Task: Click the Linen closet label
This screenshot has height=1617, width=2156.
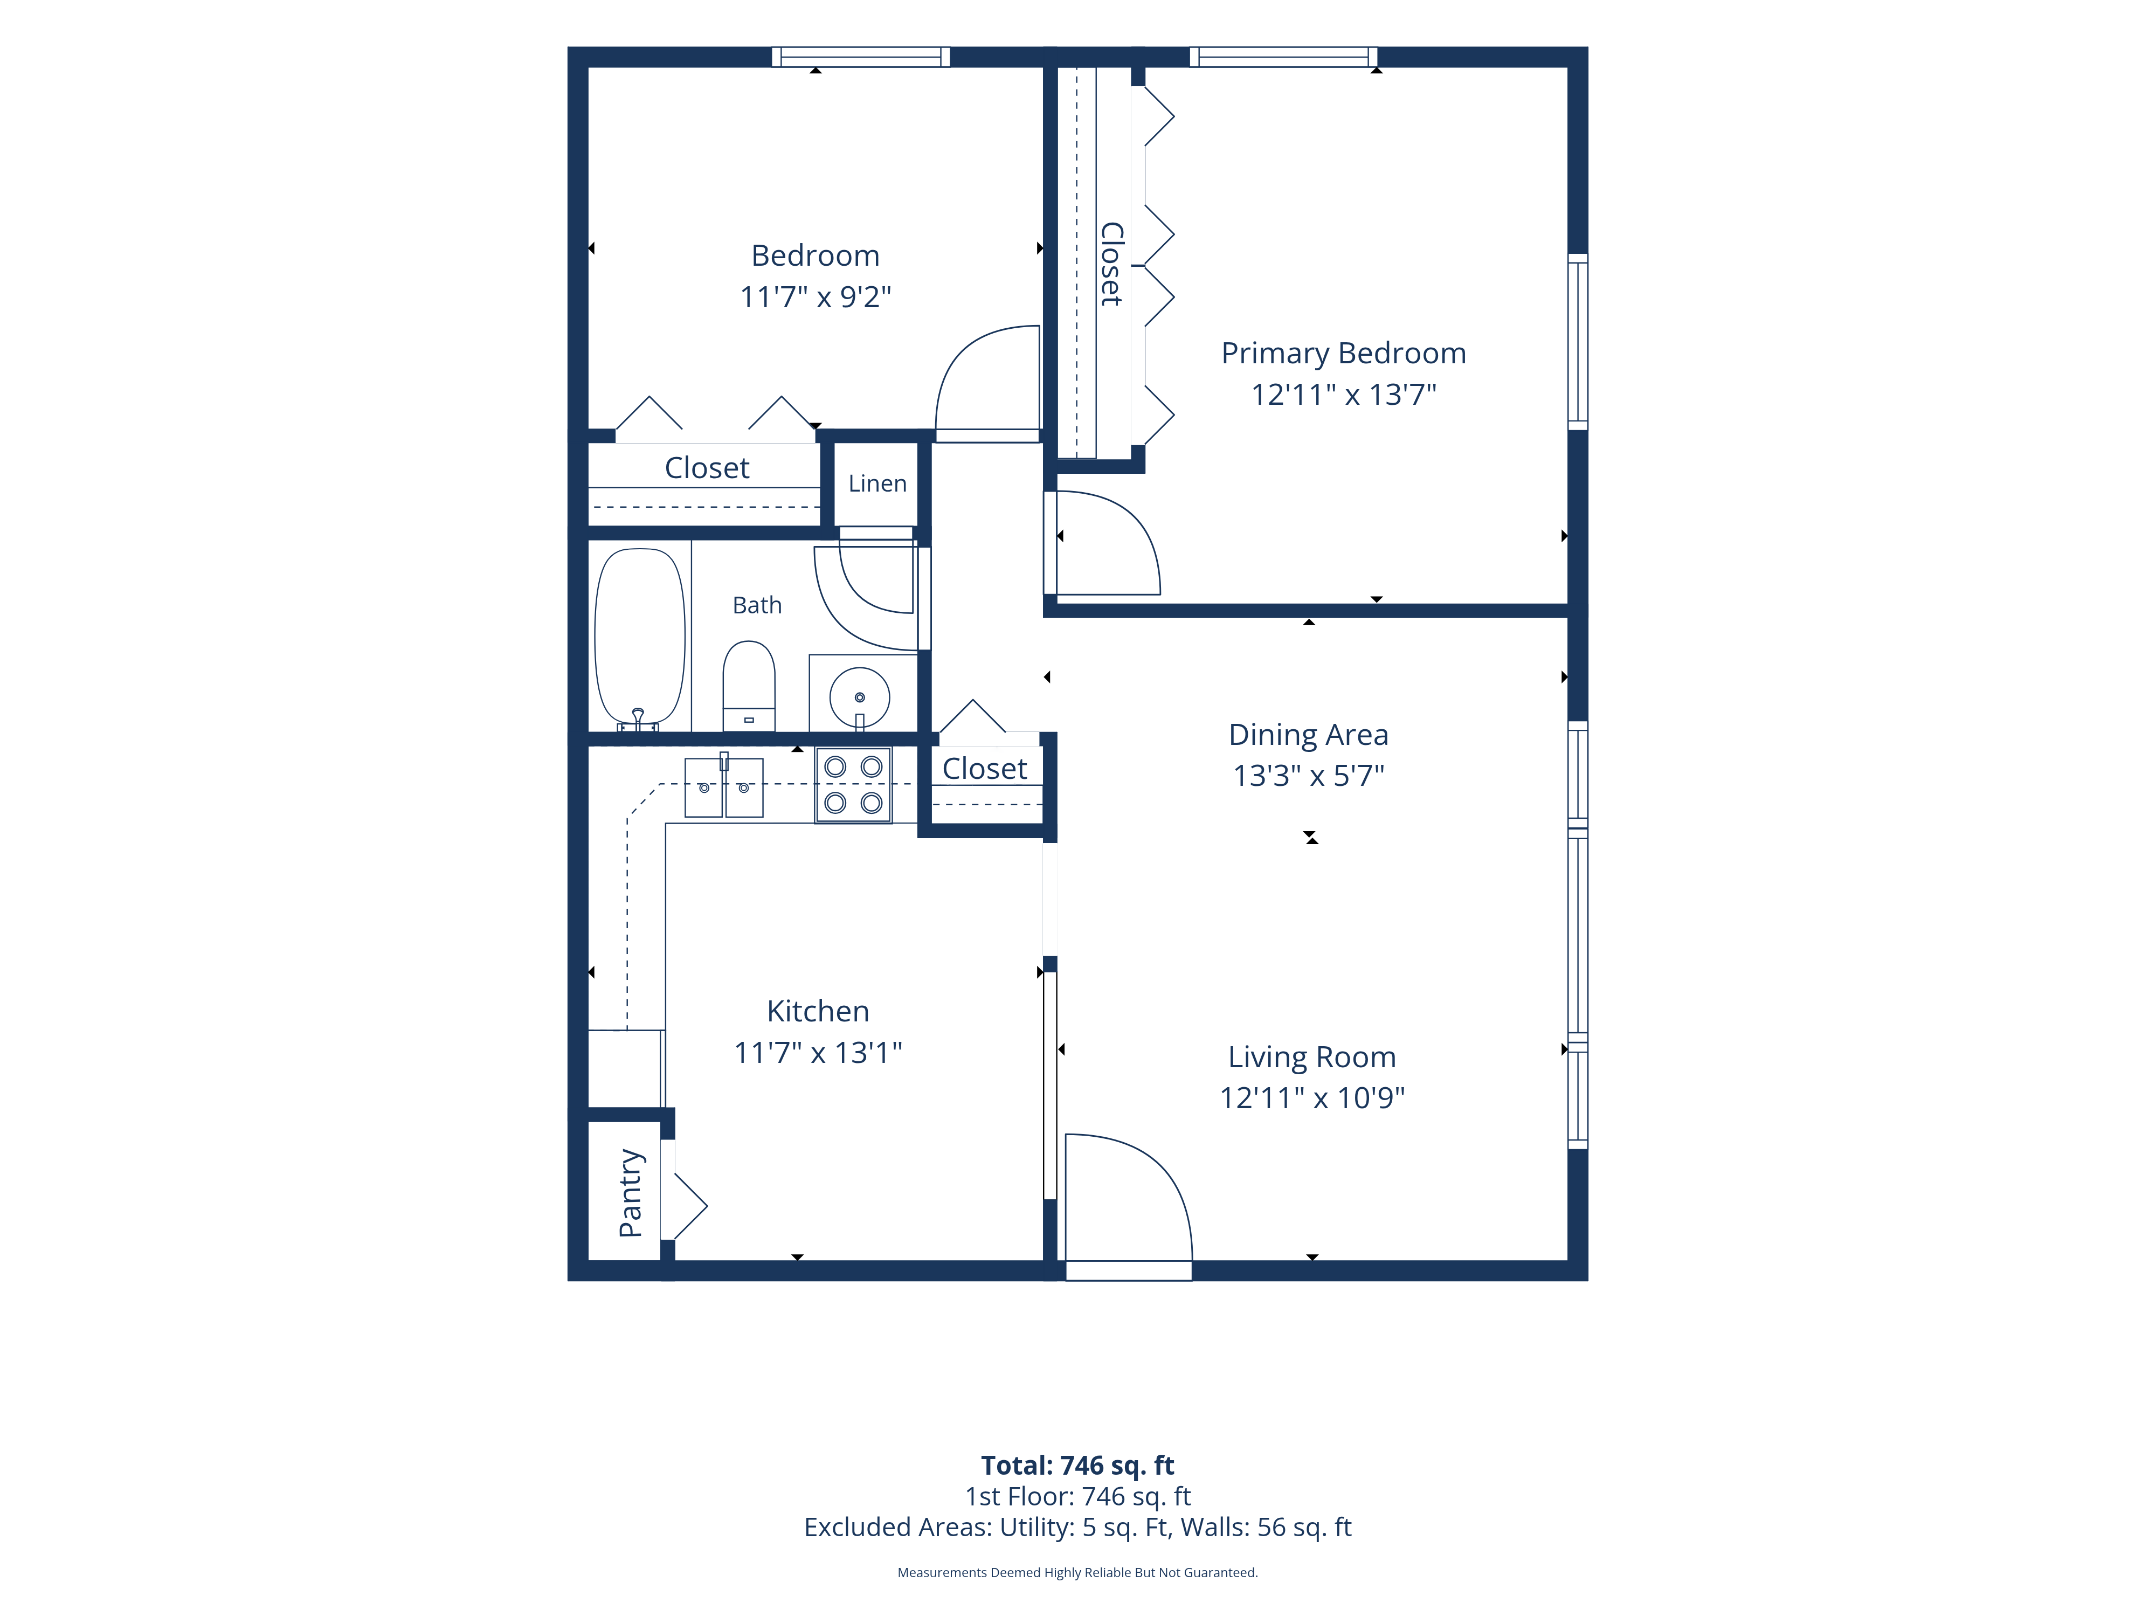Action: [x=877, y=483]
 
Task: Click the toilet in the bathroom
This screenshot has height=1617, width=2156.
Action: [x=749, y=686]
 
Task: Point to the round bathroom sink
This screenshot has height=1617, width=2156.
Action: [x=860, y=698]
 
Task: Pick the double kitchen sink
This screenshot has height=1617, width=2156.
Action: [x=724, y=786]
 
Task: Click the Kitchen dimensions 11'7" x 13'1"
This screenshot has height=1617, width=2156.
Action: [x=818, y=1053]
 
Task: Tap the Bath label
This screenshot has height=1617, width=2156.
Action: [x=757, y=605]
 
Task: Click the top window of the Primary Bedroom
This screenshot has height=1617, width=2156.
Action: [x=1284, y=57]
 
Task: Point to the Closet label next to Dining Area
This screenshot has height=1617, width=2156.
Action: [x=984, y=769]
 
